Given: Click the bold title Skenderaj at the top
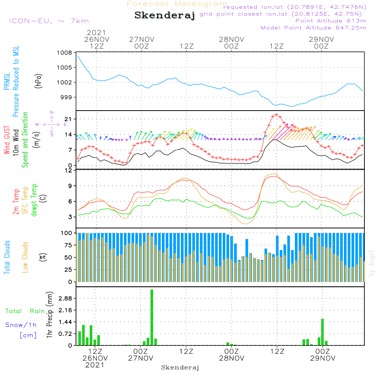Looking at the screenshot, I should [165, 16].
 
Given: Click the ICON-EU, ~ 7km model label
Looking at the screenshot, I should [49, 21].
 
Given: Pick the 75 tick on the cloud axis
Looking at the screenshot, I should [67, 245].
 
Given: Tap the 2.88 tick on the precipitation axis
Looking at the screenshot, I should [65, 298].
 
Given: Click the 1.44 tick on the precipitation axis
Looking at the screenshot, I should [65, 322].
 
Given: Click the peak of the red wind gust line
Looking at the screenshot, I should [276, 114].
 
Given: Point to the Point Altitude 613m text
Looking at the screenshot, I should [331, 21].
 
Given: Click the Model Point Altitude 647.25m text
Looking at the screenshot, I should [313, 28].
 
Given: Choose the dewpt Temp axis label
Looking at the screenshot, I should [34, 200].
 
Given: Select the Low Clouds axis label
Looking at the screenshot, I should [25, 257].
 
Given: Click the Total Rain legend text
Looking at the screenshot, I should [25, 311].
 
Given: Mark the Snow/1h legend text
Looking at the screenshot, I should [21, 325].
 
